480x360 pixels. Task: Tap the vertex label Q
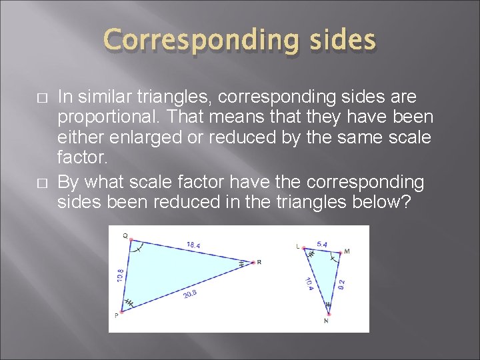pyautogui.click(x=125, y=235)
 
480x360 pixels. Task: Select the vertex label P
pyautogui.click(x=116, y=315)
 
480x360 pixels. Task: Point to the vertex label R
pyautogui.click(x=259, y=262)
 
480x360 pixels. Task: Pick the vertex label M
pyautogui.click(x=346, y=251)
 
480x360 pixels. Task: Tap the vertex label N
pyautogui.click(x=326, y=320)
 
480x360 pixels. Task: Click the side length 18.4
pyautogui.click(x=193, y=245)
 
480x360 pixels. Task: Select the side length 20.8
pyautogui.click(x=191, y=293)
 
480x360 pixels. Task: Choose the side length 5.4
pyautogui.click(x=321, y=244)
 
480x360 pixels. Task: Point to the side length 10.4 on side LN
pyautogui.click(x=310, y=284)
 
